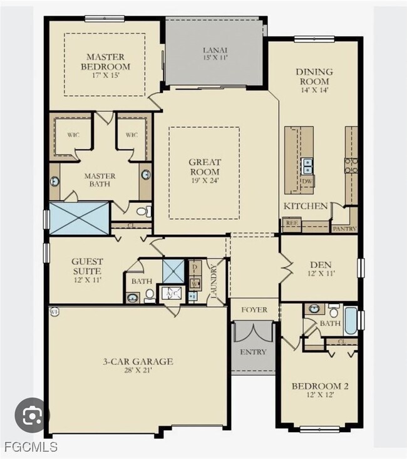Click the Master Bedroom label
point(108,61)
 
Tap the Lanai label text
point(214,50)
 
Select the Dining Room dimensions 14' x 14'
point(314,90)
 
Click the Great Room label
point(204,167)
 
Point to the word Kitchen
point(306,206)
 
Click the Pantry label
point(344,229)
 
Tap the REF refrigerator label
point(291,222)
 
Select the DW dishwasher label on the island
point(307,182)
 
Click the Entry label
point(252,352)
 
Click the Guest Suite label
point(86,266)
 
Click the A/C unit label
point(170,292)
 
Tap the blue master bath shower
point(79,219)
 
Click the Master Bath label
point(100,180)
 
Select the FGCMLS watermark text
point(29,447)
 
